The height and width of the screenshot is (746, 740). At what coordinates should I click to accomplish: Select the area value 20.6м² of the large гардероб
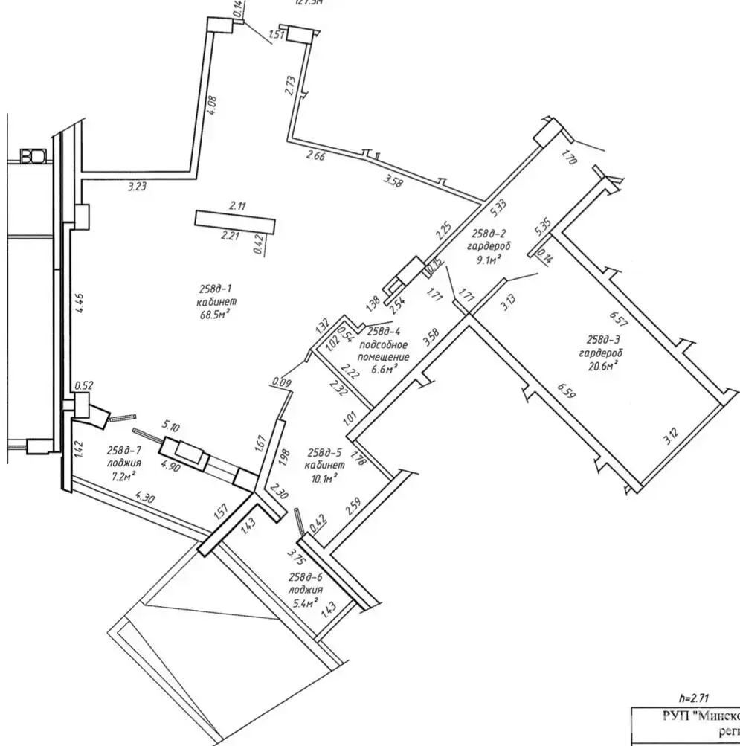(x=605, y=366)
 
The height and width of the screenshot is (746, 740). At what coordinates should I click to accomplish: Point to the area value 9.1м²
(x=487, y=259)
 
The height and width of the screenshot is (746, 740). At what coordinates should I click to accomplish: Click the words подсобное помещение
(x=383, y=351)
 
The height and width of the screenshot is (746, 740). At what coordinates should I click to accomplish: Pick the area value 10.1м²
(x=321, y=477)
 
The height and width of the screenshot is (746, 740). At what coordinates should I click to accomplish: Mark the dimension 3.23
(x=136, y=187)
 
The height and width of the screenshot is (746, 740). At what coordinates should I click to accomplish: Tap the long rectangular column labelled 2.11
(x=235, y=222)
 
